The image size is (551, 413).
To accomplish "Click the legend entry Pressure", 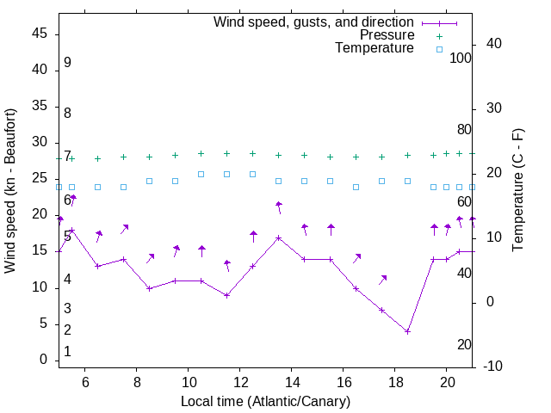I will (387, 35).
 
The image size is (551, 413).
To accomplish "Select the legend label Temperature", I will (375, 49).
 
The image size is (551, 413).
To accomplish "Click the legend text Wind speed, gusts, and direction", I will (314, 22).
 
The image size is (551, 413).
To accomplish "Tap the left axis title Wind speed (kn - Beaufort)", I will (10, 191).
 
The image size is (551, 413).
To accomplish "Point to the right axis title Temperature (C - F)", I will (517, 191).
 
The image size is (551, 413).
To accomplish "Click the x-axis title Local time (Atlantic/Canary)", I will (265, 402).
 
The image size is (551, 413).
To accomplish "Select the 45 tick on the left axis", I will (39, 34).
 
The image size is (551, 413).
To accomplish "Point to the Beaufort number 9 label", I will (67, 63).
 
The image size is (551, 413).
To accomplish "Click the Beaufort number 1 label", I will (67, 352).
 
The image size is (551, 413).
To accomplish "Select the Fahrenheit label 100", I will (461, 59).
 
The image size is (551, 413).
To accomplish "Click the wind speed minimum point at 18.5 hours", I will (408, 331).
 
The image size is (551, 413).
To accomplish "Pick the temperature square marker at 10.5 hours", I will (201, 174).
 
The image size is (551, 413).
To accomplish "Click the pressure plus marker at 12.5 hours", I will (253, 153).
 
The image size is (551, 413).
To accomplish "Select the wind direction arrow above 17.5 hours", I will (382, 280).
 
